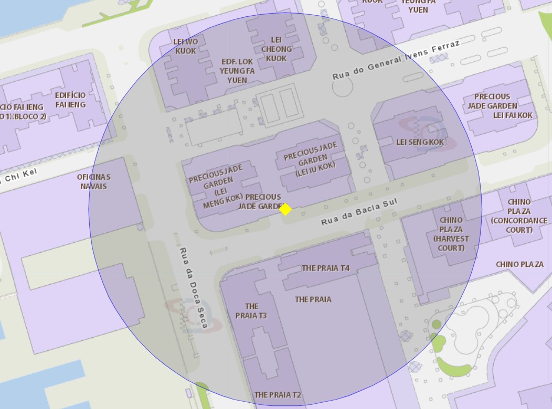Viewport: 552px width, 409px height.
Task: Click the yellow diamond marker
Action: pos(285,209)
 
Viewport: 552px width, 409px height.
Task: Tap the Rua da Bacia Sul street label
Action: pos(359,212)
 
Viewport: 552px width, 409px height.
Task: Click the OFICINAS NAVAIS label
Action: pos(93,181)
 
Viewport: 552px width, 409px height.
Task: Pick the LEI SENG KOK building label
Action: pos(420,142)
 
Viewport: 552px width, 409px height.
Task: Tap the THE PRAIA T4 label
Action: pos(325,268)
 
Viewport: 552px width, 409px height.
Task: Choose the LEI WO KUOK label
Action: pos(186,46)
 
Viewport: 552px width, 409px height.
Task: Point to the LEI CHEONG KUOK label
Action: pos(276,49)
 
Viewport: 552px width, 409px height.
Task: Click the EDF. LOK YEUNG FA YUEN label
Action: pos(237,71)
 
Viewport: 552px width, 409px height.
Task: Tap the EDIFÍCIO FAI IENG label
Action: pos(70,100)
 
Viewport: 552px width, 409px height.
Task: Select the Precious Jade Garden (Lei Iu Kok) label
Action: pos(310,157)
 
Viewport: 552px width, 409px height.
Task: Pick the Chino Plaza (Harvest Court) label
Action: pos(451,234)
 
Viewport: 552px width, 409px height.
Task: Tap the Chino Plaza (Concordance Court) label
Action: pos(519,216)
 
